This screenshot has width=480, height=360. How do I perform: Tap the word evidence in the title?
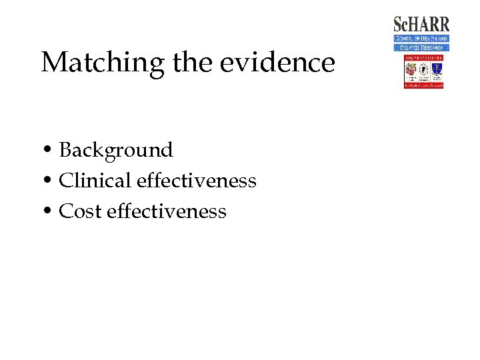click(x=277, y=63)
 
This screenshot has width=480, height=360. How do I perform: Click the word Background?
click(x=116, y=151)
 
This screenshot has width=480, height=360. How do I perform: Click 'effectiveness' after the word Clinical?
click(x=197, y=181)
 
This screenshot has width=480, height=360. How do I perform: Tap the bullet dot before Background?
click(x=49, y=151)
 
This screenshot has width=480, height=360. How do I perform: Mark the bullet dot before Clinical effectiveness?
click(x=49, y=181)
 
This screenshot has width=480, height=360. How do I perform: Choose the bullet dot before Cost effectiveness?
click(x=49, y=212)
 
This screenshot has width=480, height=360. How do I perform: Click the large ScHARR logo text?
click(x=421, y=25)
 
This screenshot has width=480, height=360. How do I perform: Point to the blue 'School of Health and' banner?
click(x=421, y=39)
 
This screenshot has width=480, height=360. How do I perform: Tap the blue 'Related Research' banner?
click(x=421, y=47)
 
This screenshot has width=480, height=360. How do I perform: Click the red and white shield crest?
click(x=411, y=68)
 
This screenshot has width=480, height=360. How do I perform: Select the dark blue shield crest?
click(x=436, y=68)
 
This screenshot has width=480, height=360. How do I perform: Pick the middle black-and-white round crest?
click(x=423, y=68)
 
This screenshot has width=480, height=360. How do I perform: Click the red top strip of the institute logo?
click(x=423, y=57)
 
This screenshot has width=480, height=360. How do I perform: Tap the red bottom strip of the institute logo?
click(x=423, y=86)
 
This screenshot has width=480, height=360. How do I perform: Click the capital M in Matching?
click(x=53, y=63)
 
